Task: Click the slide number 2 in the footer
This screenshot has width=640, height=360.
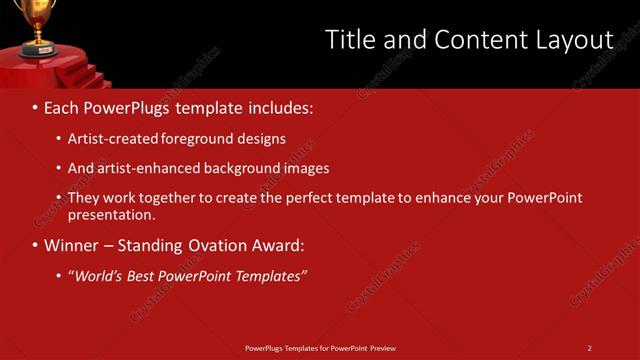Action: [x=589, y=348]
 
